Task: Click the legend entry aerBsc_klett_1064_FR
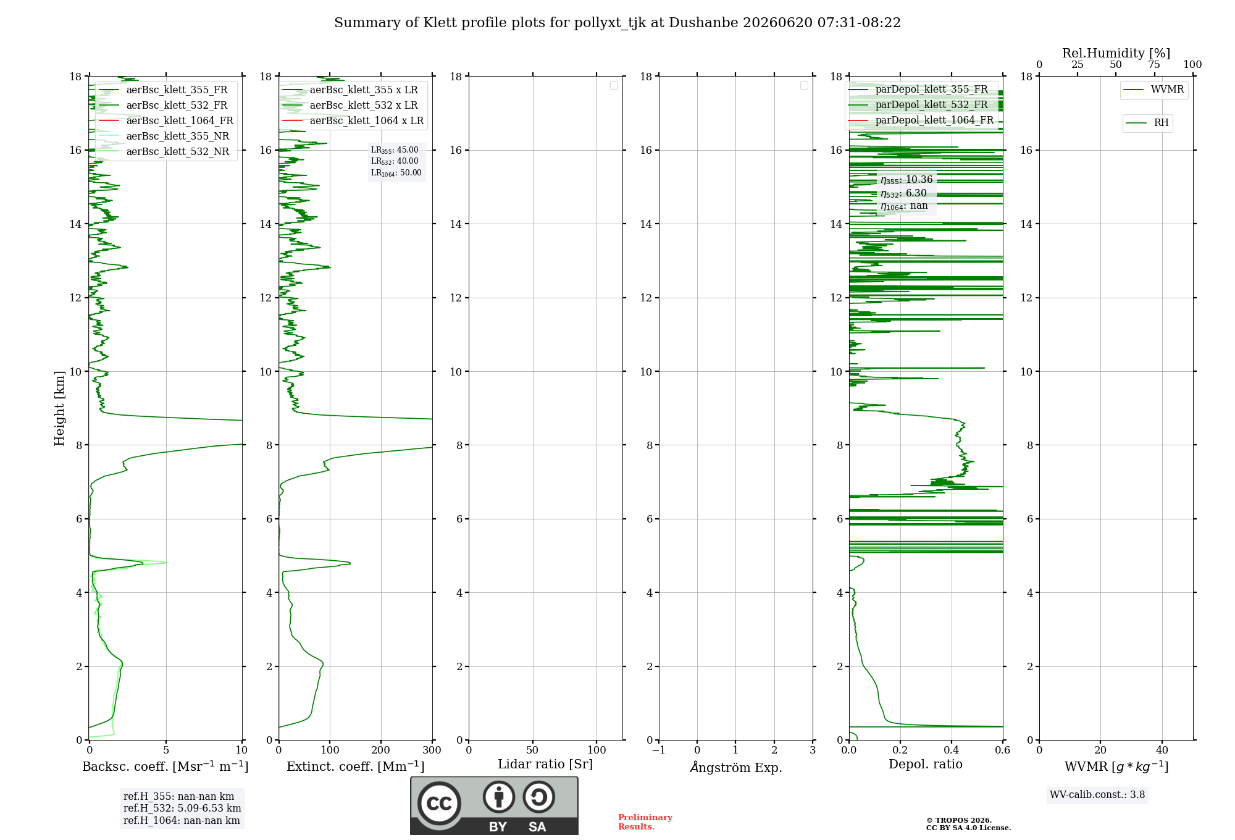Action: pos(180,120)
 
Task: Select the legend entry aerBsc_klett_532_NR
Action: pos(178,151)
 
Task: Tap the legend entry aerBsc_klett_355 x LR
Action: pos(364,90)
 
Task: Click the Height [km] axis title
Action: pos(59,408)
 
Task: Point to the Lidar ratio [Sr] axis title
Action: pos(545,764)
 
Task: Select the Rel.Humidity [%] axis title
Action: pos(1116,53)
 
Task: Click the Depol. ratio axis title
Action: pos(926,764)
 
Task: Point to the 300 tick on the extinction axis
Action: pos(432,750)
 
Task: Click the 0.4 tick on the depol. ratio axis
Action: pos(952,750)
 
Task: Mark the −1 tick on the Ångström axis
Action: pos(658,750)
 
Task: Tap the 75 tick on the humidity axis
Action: pos(1154,65)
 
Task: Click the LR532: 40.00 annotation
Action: pos(395,161)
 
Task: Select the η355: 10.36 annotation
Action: pos(906,180)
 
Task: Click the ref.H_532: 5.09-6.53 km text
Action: pos(182,808)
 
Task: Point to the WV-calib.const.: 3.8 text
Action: pos(1097,795)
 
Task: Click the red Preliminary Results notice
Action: pos(645,822)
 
